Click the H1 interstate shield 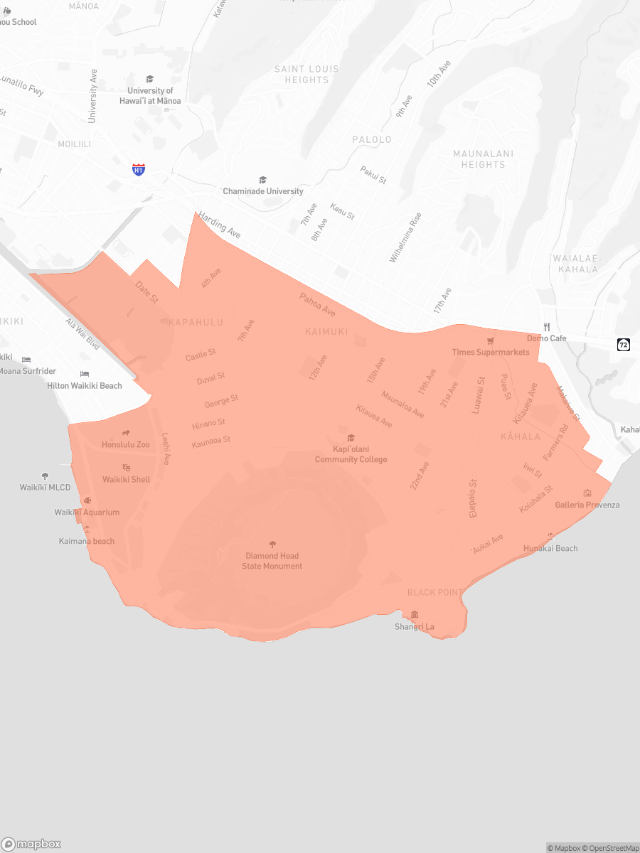139,169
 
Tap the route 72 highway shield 624,345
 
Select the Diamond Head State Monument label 272,561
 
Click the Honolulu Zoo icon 126,433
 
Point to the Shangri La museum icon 415,615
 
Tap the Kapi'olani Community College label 351,454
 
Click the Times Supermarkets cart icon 491,341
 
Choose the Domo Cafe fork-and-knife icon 547,327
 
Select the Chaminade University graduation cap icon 262,180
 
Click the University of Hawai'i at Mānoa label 150,96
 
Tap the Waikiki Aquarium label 87,513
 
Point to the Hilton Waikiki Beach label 85,386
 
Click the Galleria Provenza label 587,505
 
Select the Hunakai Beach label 550,548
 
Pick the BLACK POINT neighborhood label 434,592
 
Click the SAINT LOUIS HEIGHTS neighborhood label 306,75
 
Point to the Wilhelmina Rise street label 405,237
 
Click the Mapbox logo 31,844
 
